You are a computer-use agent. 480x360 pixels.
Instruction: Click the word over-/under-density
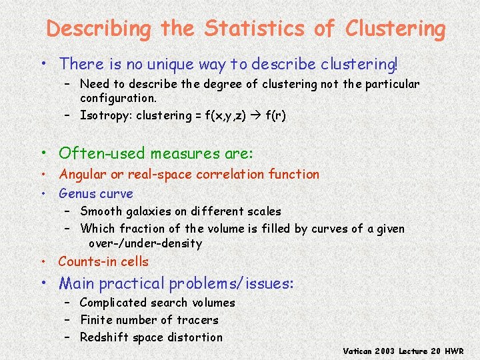(145, 243)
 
